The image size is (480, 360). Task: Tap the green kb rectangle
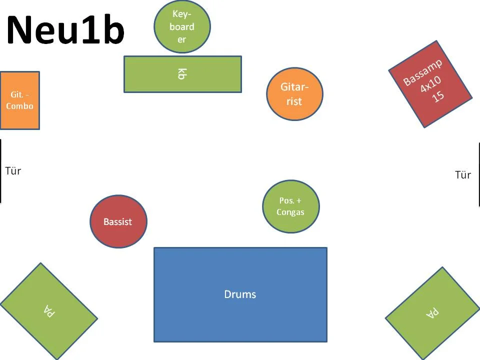[182, 74]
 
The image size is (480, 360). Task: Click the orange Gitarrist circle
[294, 94]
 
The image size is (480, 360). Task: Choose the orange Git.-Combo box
[19, 100]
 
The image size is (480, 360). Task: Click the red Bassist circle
[118, 221]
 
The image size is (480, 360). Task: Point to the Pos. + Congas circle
[290, 206]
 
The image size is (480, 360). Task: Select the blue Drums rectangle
[240, 294]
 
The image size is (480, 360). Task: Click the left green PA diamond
[48, 311]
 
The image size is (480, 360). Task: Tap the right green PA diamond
[432, 313]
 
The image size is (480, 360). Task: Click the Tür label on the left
[13, 171]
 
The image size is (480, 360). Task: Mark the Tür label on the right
[463, 175]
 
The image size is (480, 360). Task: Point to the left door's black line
[0, 171]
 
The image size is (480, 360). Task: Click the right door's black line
[479, 174]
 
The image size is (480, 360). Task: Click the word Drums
[240, 294]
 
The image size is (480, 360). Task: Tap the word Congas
[290, 212]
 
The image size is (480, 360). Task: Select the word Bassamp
[422, 73]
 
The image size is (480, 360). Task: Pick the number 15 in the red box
[438, 96]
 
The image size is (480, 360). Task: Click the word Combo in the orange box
[20, 106]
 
